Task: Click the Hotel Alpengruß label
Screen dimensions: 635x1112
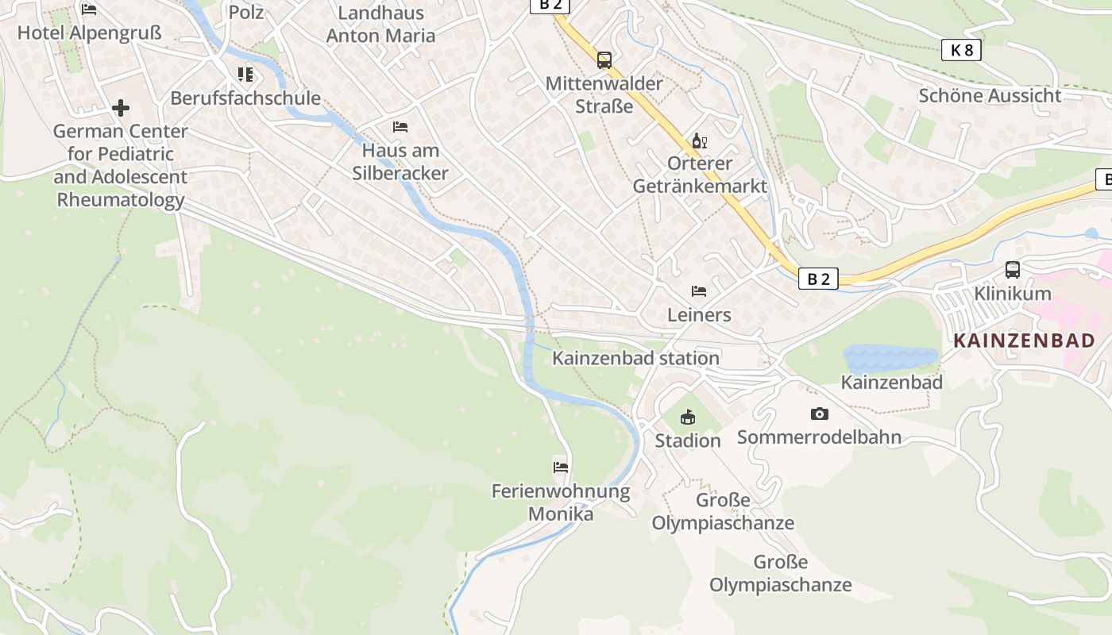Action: coord(89,33)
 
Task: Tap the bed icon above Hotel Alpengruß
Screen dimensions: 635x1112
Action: coord(89,10)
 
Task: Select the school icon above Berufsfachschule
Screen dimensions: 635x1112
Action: coord(245,75)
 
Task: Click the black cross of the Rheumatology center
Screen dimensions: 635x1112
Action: coord(121,107)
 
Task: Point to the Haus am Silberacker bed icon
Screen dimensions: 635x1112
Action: coord(400,127)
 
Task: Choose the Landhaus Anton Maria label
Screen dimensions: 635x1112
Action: coord(380,25)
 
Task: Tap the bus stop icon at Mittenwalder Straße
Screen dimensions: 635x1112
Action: coord(604,60)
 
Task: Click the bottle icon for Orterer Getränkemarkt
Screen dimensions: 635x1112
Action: coord(700,141)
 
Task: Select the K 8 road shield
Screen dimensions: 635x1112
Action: coord(961,50)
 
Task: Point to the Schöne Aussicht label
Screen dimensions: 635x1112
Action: coord(990,96)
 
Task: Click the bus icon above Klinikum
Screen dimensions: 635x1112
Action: coord(1013,270)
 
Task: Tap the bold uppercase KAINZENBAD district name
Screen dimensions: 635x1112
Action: coord(1024,341)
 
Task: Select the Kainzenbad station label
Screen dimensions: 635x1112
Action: coord(635,359)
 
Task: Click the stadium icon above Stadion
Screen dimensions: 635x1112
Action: coord(688,417)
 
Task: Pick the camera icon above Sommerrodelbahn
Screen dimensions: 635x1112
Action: coord(820,414)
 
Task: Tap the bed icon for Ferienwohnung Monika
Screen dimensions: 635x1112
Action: coord(561,467)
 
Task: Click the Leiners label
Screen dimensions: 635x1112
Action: coord(699,315)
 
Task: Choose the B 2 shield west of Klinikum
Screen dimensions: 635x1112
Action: coord(818,279)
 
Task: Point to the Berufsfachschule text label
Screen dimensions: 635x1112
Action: coord(245,98)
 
